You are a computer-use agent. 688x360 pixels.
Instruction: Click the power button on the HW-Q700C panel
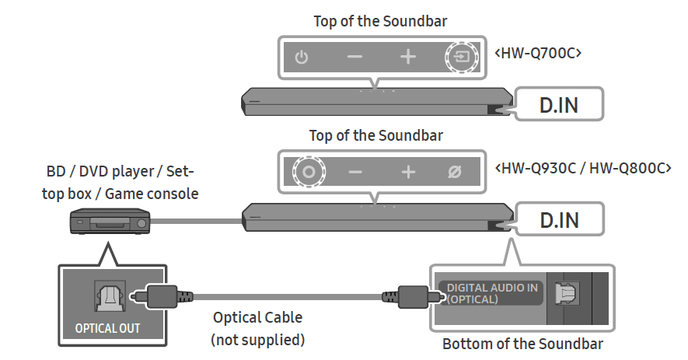[302, 58]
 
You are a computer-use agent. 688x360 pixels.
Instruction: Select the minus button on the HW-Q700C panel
[354, 58]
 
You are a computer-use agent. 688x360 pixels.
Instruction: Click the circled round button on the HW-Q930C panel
[307, 173]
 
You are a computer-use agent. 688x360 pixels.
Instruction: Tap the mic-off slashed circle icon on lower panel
[456, 173]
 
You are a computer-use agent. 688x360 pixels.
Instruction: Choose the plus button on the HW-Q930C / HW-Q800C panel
[408, 173]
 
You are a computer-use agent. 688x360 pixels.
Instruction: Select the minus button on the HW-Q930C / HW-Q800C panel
[354, 173]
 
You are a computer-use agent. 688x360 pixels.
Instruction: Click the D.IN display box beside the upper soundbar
[558, 105]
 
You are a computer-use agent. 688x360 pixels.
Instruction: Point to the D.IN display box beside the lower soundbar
[558, 219]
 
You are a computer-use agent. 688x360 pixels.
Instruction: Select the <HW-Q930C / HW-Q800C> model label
[582, 167]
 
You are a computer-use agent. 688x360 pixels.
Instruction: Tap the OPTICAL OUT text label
[107, 328]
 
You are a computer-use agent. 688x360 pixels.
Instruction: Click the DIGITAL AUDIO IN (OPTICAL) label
[489, 293]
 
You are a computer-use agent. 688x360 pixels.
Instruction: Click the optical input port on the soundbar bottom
[565, 293]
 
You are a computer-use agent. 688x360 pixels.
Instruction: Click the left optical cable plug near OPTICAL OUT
[160, 296]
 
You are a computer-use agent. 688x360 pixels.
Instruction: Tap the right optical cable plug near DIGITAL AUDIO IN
[407, 296]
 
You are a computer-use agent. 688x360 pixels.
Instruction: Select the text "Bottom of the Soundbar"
[522, 344]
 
